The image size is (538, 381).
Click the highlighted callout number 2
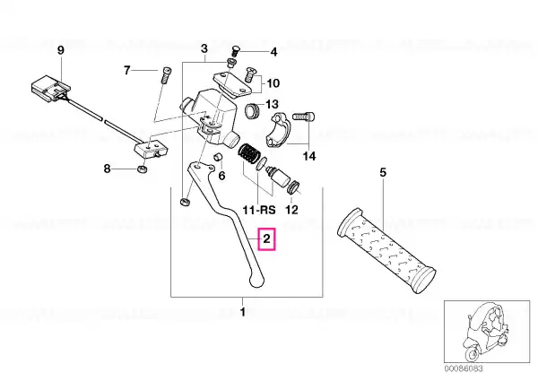tap(267, 239)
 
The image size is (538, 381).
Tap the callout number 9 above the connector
tap(60, 50)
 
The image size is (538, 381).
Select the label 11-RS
tap(259, 210)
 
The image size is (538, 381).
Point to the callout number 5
tap(383, 172)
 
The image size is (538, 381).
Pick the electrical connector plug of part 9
tap(51, 88)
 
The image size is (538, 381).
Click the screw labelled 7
tap(166, 75)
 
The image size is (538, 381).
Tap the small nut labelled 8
tap(141, 169)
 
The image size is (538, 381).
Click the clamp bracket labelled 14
tap(279, 131)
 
